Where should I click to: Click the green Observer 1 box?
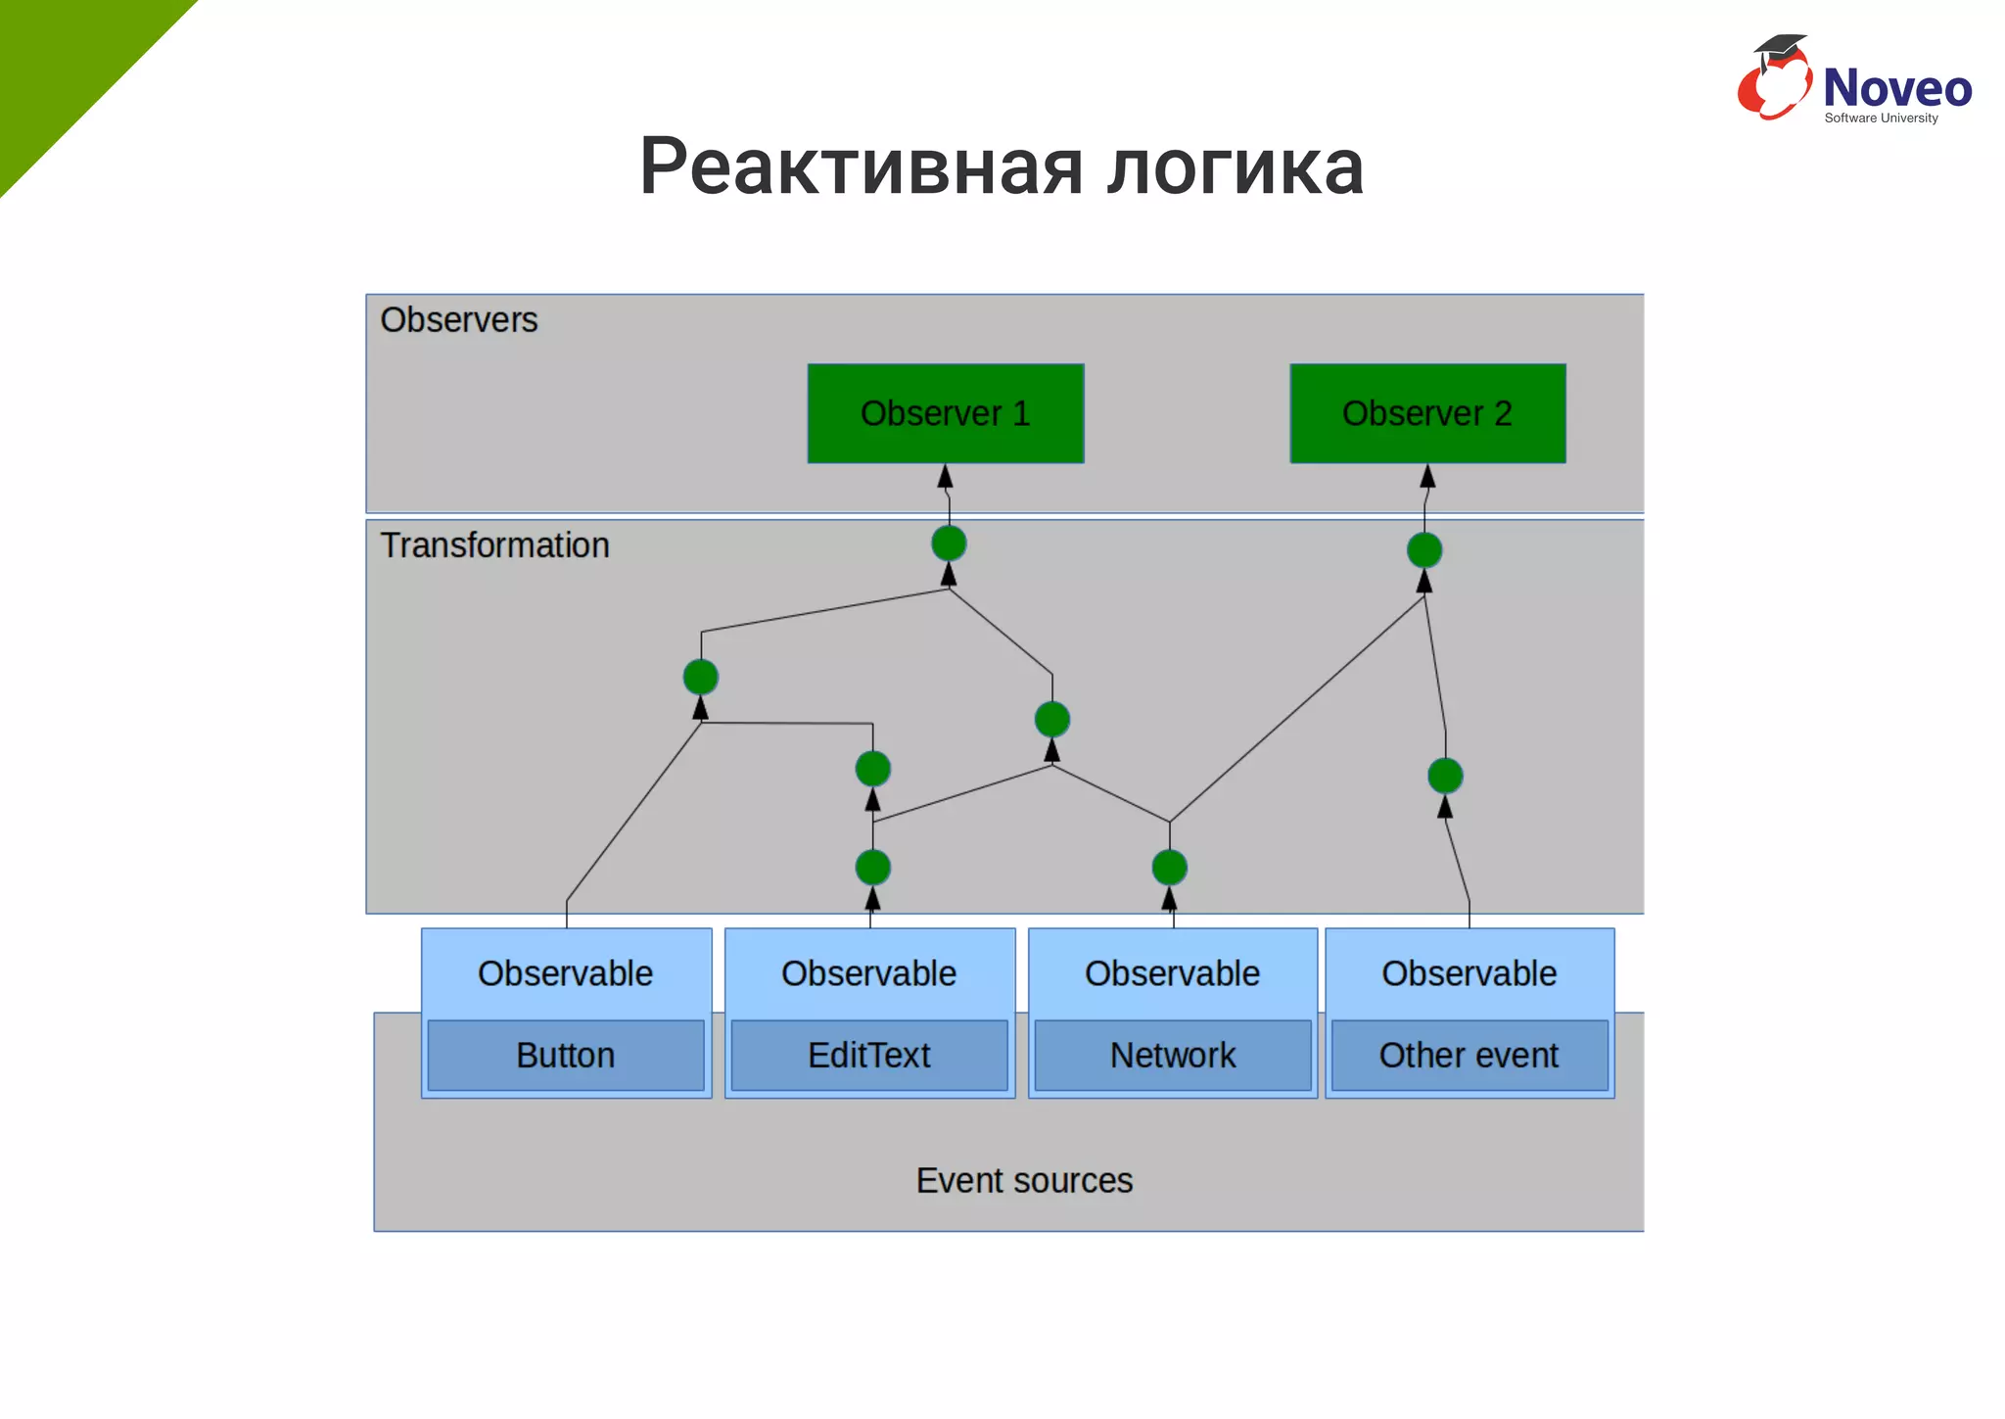click(x=945, y=413)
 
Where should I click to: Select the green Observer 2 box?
click(x=1427, y=413)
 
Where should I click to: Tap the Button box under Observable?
click(x=566, y=1055)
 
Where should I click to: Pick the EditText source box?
click(x=869, y=1055)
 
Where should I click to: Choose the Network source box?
click(x=1173, y=1055)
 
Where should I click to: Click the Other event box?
click(x=1469, y=1055)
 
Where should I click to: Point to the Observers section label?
click(x=459, y=320)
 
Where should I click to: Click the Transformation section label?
click(x=494, y=545)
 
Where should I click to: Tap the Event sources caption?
click(x=1024, y=1180)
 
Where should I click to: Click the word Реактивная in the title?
click(x=861, y=166)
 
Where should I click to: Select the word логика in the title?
click(x=1236, y=166)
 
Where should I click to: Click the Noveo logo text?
click(x=1896, y=88)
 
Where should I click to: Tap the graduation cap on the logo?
click(x=1780, y=48)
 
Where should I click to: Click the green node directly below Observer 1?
click(x=949, y=543)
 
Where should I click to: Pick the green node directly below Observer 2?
click(x=1424, y=550)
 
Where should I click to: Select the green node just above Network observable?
click(x=1170, y=868)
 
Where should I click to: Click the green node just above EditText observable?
click(x=872, y=868)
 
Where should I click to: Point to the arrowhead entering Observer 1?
click(x=945, y=477)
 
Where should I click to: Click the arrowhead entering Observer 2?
click(x=1427, y=477)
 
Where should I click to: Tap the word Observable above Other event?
click(x=1469, y=973)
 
